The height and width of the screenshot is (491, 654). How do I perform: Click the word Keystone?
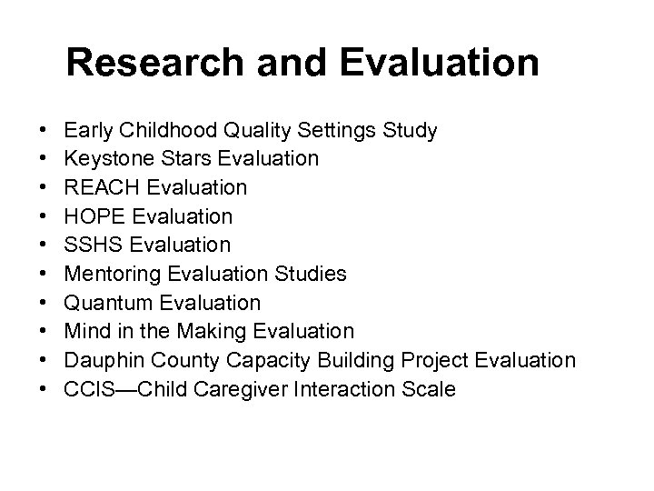pyautogui.click(x=104, y=159)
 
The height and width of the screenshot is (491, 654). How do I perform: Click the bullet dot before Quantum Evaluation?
pyautogui.click(x=45, y=304)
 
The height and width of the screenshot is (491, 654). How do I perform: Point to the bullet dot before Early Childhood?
pyautogui.click(x=45, y=131)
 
